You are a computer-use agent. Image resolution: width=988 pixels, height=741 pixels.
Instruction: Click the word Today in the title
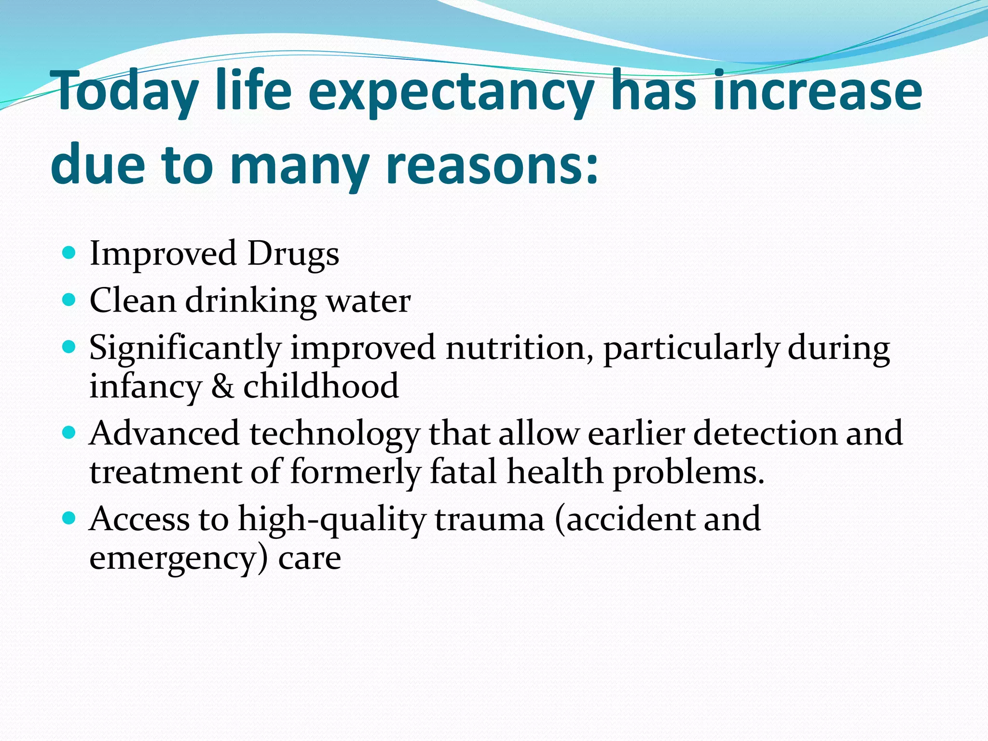pyautogui.click(x=126, y=92)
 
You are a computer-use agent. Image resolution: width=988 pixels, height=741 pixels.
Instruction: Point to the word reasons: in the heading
pyautogui.click(x=492, y=165)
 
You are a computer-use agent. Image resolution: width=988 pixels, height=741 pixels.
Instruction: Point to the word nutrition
pyautogui.click(x=519, y=347)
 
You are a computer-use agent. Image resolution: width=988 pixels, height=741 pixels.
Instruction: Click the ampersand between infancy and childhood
pyautogui.click(x=222, y=386)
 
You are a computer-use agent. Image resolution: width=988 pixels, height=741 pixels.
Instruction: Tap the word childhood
pyautogui.click(x=321, y=386)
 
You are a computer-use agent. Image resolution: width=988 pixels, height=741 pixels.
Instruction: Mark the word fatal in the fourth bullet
pyautogui.click(x=463, y=471)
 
